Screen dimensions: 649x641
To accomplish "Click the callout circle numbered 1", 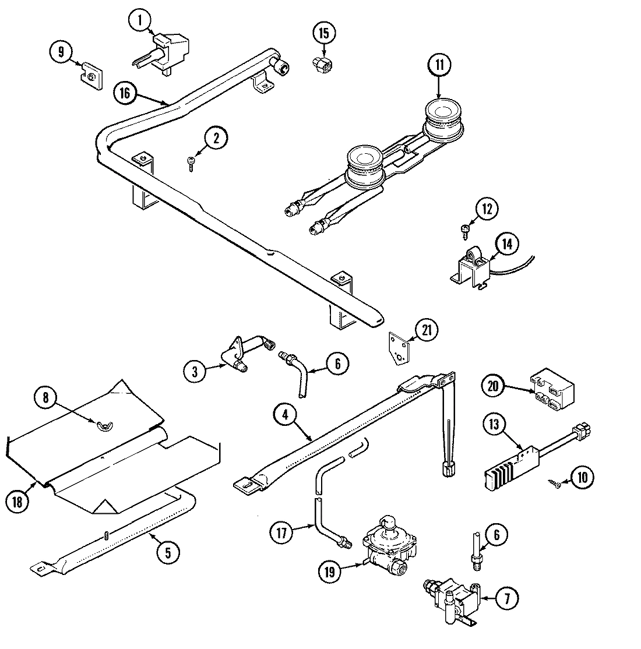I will coord(139,20).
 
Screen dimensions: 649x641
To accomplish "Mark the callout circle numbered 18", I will coord(18,502).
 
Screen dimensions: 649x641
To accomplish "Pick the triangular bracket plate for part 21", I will coord(399,348).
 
